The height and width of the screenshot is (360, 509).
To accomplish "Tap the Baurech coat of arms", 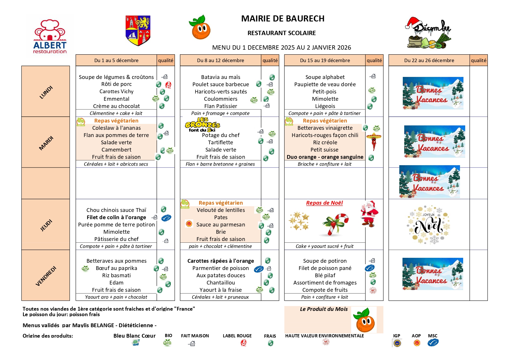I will coord(138,30).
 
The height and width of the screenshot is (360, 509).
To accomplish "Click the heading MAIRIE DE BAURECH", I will coord(283,19).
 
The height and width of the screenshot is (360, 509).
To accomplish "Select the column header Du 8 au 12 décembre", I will coord(220,60).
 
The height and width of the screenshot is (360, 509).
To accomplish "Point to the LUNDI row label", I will coord(46,92).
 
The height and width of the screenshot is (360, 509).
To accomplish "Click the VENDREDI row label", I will coord(46,276).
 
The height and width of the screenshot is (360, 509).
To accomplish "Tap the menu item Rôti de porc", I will coord(116,84).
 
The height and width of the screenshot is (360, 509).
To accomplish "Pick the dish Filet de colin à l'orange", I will coord(116,217).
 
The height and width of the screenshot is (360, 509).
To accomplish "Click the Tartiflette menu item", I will coord(221,143).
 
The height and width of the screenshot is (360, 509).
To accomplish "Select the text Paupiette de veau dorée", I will coord(325,84).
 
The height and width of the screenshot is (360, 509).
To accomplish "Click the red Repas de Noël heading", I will coord(324,203).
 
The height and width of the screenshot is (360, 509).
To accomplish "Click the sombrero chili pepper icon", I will coord(374,141).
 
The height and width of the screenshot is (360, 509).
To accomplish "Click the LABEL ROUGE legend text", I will coord(237,336).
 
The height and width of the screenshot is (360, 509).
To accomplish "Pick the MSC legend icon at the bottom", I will coord(433,343).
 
